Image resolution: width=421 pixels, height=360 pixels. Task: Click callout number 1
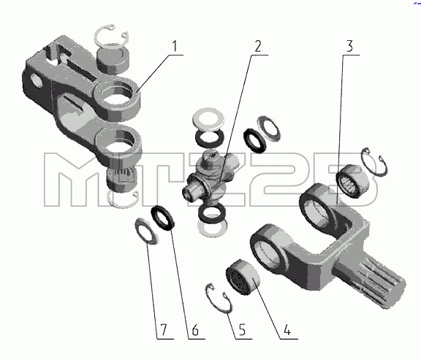[175, 46]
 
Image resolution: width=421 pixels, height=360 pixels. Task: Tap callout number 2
[258, 46]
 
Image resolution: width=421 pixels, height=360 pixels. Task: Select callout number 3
[349, 46]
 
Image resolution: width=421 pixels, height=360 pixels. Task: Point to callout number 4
[287, 329]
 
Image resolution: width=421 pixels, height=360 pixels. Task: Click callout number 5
[242, 329]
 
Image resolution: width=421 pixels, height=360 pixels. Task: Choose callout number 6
[195, 329]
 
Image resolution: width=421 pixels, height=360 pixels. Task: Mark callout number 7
[164, 329]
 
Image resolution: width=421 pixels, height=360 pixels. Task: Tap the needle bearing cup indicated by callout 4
[243, 277]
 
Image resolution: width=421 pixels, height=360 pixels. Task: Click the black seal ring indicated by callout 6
[163, 218]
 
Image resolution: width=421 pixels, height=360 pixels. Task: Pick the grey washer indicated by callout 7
[146, 231]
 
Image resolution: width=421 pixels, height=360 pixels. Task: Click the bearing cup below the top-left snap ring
[113, 60]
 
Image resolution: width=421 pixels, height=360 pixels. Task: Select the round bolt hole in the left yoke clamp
[37, 80]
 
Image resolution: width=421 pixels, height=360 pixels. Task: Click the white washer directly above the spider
[208, 118]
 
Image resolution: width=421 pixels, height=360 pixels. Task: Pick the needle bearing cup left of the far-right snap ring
[353, 181]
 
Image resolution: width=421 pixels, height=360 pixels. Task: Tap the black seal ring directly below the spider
[212, 212]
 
